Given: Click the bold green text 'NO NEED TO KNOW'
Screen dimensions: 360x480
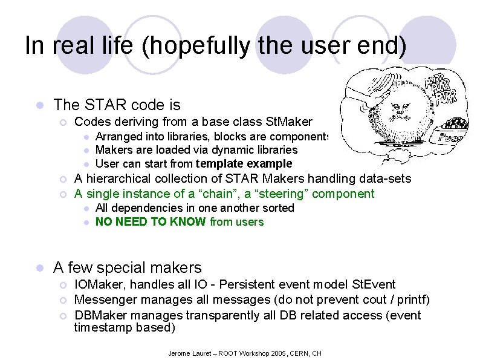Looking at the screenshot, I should click(x=151, y=222).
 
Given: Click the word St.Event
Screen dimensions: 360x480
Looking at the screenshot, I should click(x=375, y=284).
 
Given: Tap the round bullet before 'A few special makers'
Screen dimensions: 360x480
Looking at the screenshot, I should click(x=39, y=267).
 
